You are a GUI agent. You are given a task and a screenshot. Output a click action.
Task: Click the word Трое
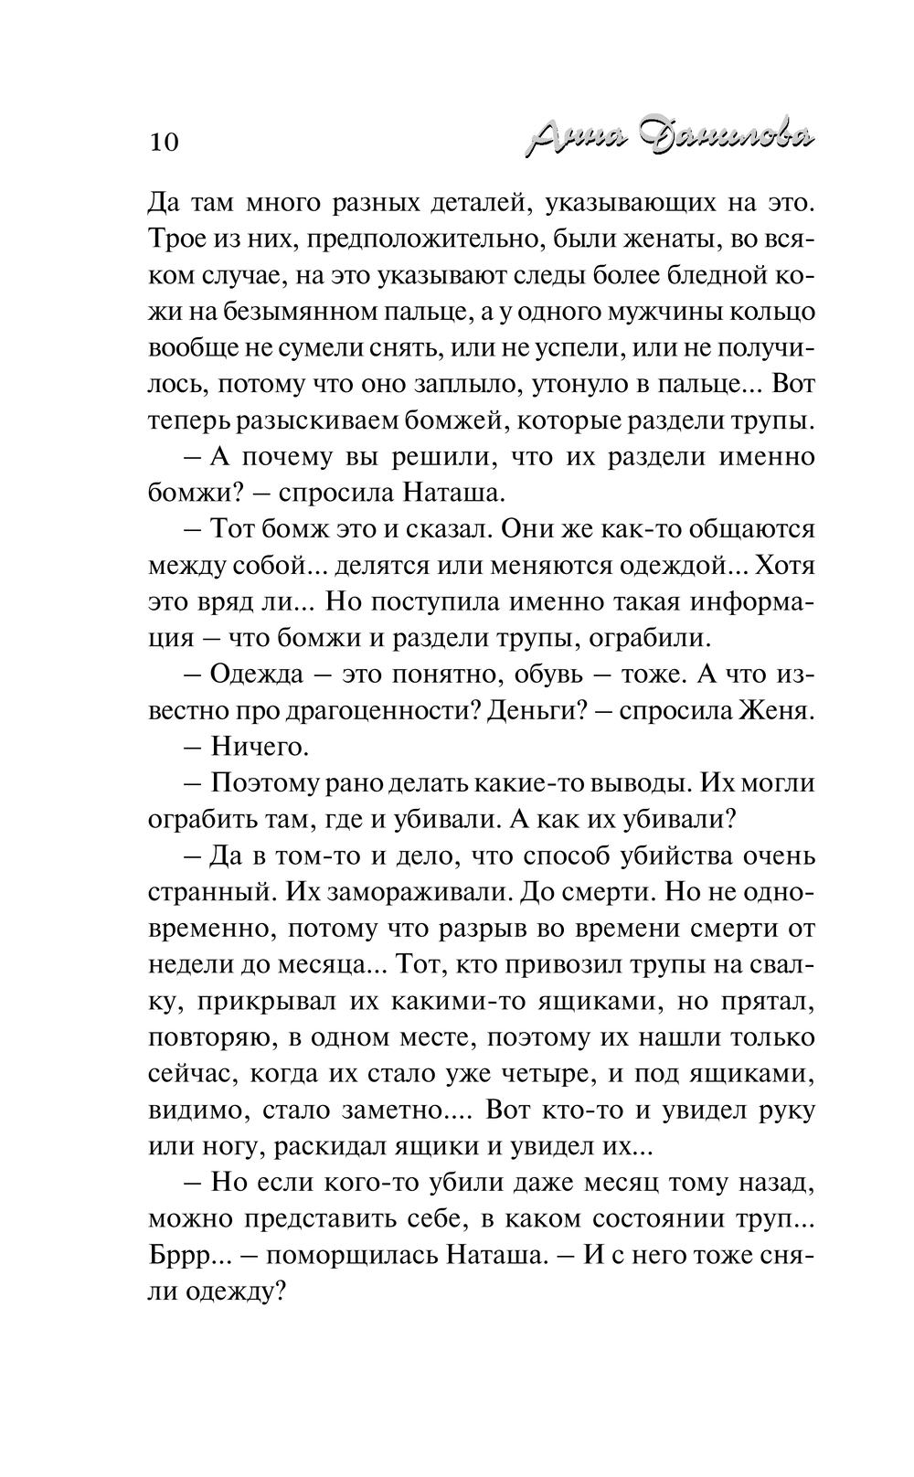pyautogui.click(x=177, y=239)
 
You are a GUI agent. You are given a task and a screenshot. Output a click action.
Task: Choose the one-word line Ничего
pyautogui.click(x=260, y=747)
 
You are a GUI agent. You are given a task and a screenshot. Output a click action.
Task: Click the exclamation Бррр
pyautogui.click(x=181, y=1257)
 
